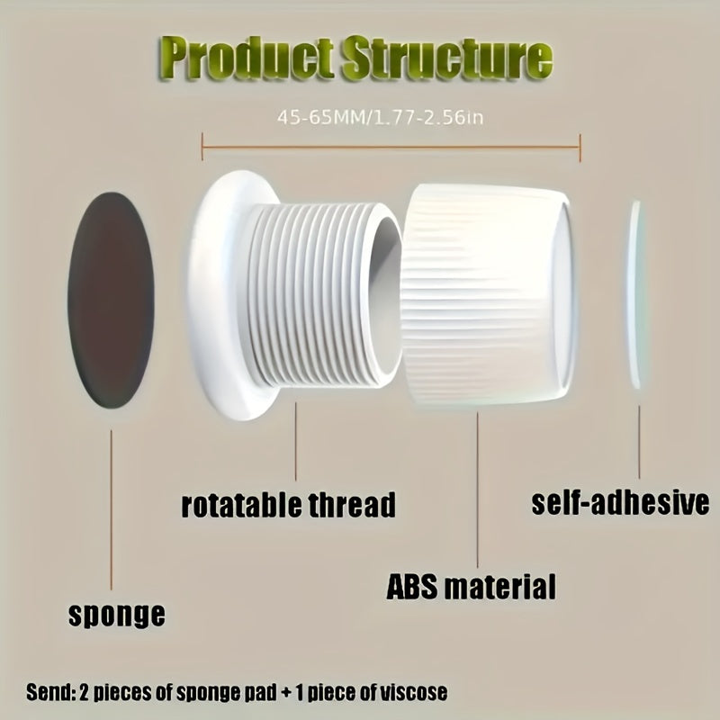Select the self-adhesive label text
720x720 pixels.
(618, 501)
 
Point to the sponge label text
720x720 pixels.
(117, 616)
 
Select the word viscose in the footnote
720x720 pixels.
(408, 693)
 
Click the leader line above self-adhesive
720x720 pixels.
(640, 441)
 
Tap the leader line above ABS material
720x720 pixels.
(477, 486)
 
